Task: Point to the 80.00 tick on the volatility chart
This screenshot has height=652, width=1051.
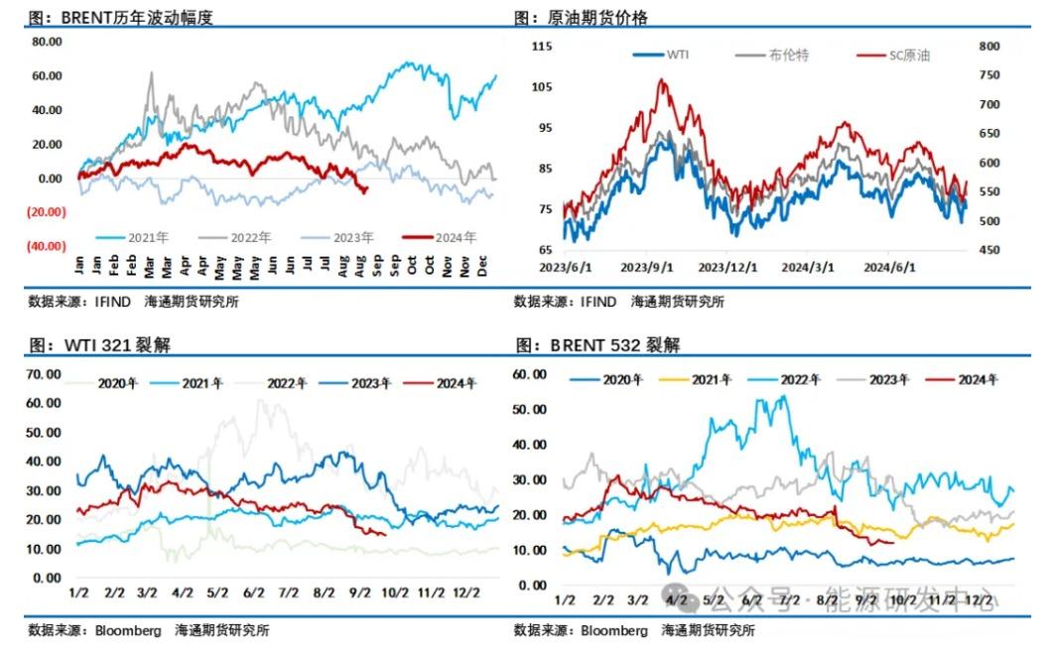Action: coord(48,42)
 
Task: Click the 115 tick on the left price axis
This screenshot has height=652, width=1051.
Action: coord(542,47)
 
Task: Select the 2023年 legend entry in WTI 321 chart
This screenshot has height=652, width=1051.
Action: coord(366,383)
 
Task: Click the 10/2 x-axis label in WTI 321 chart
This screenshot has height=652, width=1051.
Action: coord(395,592)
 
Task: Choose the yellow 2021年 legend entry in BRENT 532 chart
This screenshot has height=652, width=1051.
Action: coord(712,379)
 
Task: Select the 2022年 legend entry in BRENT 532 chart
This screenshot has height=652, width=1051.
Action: coord(799,379)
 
